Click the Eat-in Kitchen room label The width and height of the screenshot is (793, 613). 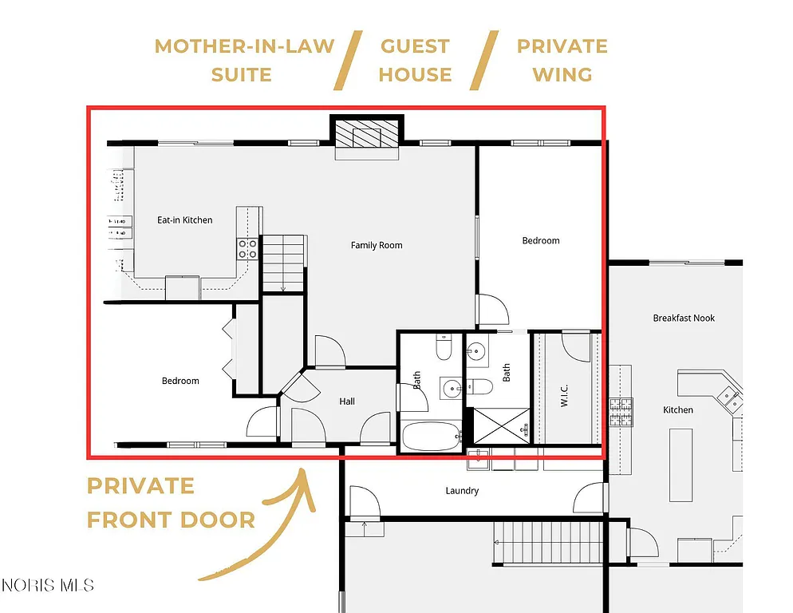pos(184,220)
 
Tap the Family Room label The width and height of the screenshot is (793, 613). pos(377,245)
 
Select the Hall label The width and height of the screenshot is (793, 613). pos(346,401)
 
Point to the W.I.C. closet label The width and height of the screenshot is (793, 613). pos(564,397)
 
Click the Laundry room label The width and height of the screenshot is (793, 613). pos(462,491)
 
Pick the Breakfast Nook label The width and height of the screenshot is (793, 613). pos(684,318)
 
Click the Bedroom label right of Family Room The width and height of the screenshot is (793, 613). pos(541,240)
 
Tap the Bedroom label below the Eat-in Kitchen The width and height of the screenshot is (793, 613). pos(180,381)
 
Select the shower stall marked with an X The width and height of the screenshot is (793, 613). pos(502,425)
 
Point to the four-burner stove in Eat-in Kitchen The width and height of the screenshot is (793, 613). pos(247,249)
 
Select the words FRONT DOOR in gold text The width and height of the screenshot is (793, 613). pos(171,520)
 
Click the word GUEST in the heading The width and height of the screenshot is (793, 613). pos(415,46)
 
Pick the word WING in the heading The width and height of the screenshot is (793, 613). pos(562,75)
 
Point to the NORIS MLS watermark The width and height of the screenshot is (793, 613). pos(48,585)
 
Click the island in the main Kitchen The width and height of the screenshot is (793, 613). pos(680,453)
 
